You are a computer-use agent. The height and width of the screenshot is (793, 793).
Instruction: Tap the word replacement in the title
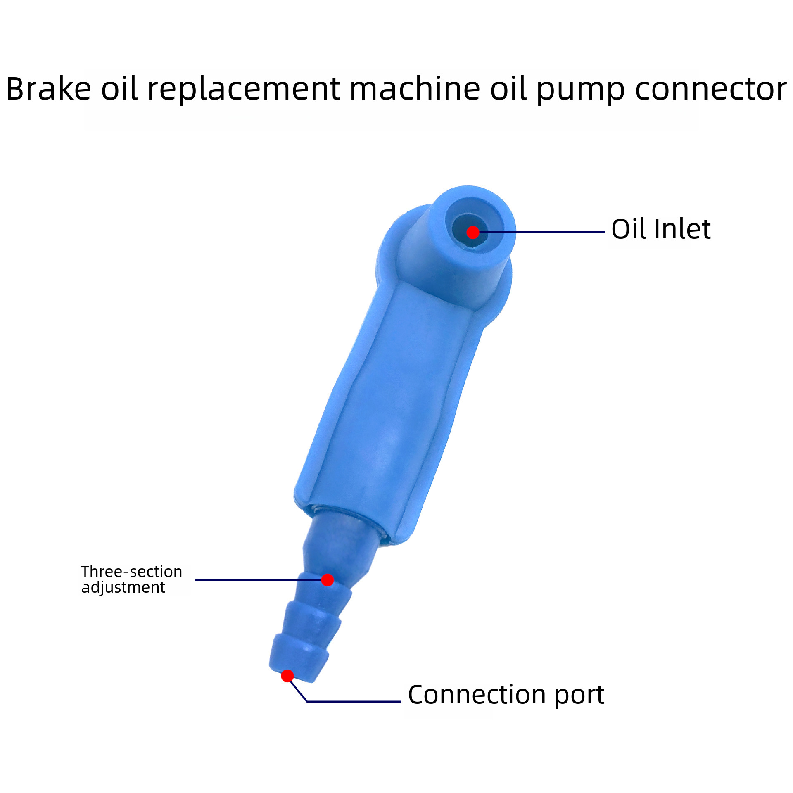[243, 89]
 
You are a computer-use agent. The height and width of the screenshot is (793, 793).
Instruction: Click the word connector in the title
[710, 89]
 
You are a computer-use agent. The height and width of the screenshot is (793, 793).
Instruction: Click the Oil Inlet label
[660, 229]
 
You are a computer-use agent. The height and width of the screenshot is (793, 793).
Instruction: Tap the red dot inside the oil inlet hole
[472, 232]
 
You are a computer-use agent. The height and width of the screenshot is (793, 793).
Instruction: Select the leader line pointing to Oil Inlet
[541, 232]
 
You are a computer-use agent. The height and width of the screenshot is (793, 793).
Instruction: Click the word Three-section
[131, 572]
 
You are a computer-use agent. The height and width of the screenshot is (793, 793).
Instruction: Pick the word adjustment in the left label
[123, 587]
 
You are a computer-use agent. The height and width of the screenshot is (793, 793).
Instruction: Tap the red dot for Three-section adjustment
[328, 580]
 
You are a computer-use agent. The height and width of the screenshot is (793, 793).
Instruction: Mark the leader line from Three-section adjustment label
[256, 580]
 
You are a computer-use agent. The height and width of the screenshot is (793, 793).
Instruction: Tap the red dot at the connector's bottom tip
[287, 676]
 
